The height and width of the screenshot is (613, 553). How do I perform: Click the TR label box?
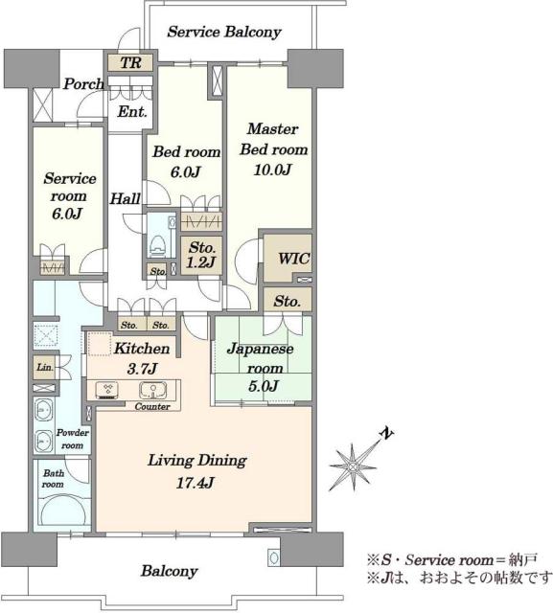point(130,62)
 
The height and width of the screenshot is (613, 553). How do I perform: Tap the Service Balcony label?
point(224,32)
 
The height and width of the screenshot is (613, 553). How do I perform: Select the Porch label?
point(83,83)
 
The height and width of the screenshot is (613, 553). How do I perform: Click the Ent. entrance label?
point(132,112)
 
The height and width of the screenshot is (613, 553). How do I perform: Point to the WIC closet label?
point(293,259)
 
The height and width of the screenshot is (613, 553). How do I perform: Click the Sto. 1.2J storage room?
point(201,255)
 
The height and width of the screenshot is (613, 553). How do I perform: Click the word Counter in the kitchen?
point(152,406)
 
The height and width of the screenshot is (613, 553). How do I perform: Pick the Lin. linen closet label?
point(45,368)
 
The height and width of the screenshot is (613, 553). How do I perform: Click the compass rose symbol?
point(354,466)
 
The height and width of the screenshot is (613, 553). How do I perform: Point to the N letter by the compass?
point(387,434)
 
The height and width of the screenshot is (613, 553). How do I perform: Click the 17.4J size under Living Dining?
point(195,483)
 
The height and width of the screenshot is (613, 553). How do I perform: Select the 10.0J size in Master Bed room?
point(272,170)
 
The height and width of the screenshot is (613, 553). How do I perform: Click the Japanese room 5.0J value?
point(263,386)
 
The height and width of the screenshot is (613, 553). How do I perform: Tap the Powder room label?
point(72,439)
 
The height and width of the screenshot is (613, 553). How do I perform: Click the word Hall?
point(125,198)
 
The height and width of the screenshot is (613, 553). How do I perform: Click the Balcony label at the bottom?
point(170,571)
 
